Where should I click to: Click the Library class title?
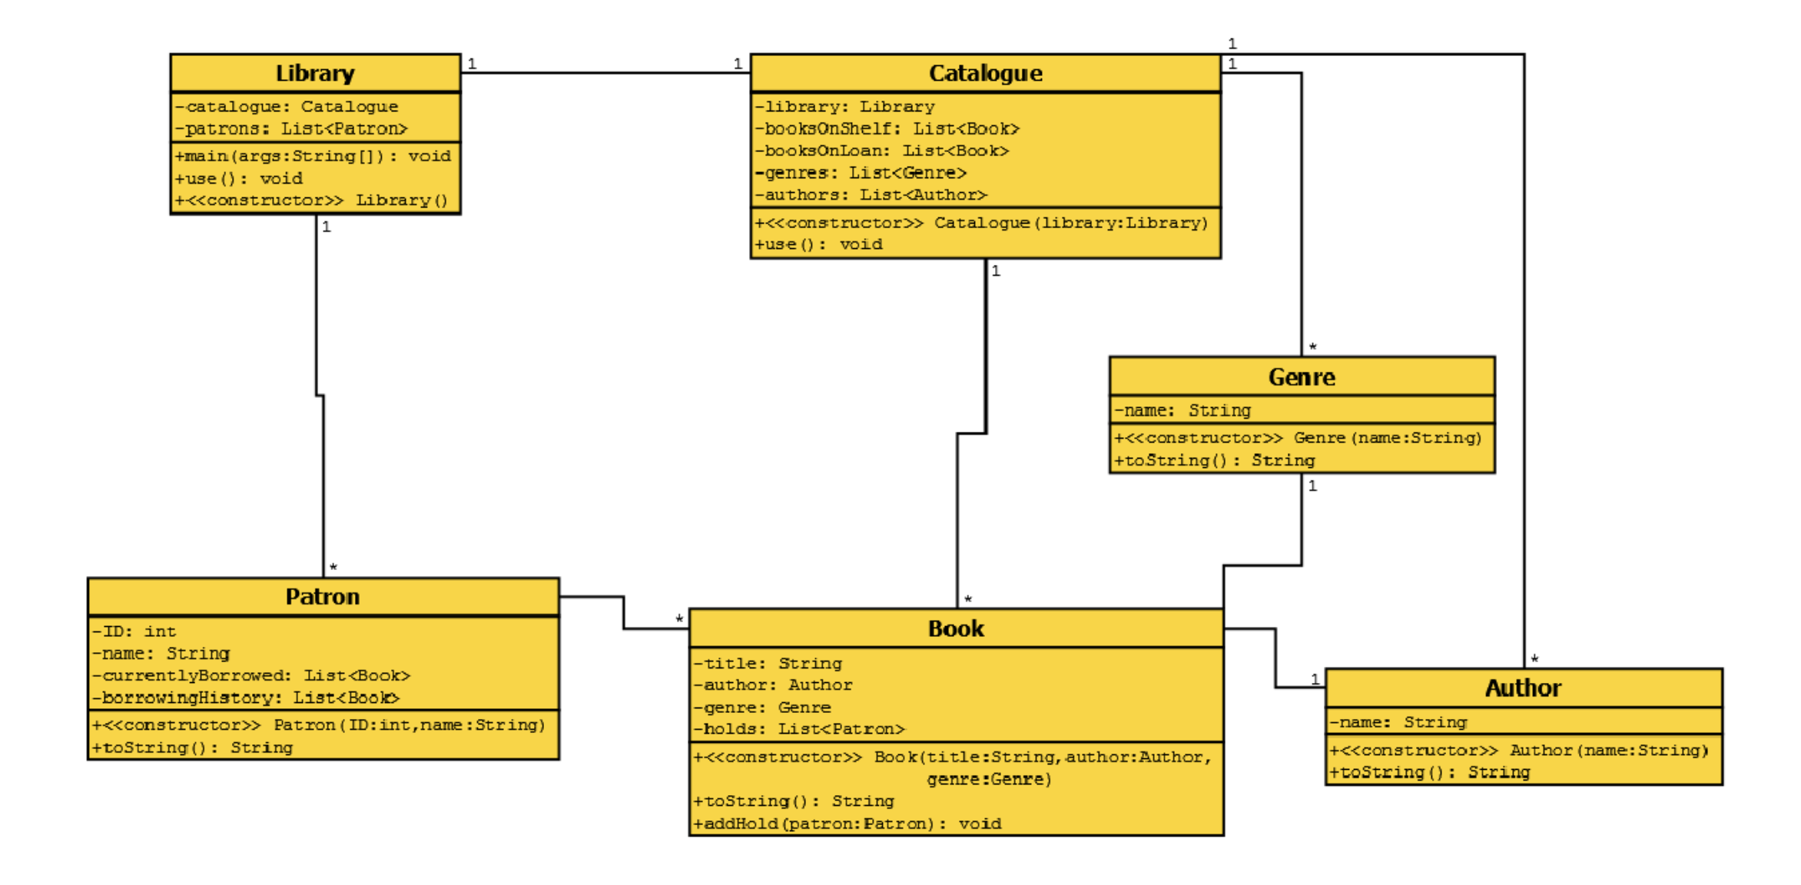coord(315,74)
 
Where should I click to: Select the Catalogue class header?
coord(985,74)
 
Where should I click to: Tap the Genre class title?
coord(1302,377)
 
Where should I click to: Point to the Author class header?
coord(1523,688)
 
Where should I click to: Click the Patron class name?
coord(323,597)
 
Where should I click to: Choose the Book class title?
coord(956,629)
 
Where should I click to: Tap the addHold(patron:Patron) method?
coord(847,824)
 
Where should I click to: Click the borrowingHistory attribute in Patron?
coord(246,698)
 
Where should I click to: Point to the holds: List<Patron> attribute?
coord(799,729)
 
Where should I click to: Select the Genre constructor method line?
coord(1297,438)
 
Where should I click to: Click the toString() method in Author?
coord(1429,773)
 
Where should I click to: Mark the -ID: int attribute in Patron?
coord(134,631)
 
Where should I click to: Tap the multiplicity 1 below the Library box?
coord(327,227)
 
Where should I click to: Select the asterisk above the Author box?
coord(1534,659)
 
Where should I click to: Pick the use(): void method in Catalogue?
coord(818,245)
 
